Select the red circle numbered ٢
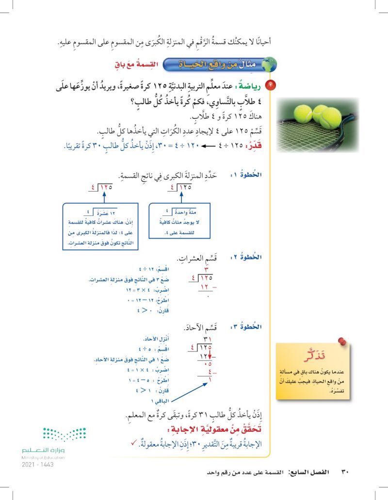coord(271,86)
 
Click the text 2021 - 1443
coord(37,464)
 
